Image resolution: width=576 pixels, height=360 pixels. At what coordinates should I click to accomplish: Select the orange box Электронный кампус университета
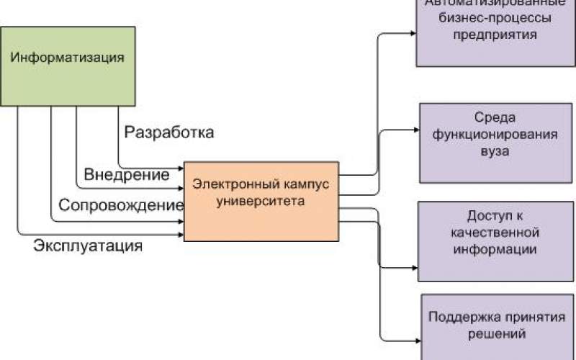coord(261,201)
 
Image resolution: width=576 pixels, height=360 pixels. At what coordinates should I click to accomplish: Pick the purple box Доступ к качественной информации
coord(496,241)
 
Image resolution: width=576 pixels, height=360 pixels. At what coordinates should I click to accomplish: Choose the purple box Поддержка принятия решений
coord(496,325)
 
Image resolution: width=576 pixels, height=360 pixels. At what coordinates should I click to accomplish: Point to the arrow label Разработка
coord(169,132)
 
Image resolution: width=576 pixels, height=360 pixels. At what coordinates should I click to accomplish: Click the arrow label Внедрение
coord(127,175)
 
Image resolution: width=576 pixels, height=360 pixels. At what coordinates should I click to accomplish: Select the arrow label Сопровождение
coord(121,205)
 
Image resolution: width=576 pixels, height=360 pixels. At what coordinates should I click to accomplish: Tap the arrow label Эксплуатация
coord(88,246)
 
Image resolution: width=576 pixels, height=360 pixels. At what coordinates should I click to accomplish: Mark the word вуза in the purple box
coord(496,152)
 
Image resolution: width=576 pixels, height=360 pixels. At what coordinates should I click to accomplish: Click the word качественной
coord(496,233)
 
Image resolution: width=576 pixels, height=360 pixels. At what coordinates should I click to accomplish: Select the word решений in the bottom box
coord(495,334)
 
